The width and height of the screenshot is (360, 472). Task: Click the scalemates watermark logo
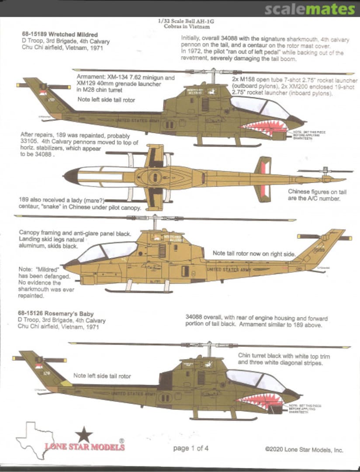[310, 9]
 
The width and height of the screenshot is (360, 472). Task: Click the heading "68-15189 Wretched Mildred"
[59, 35]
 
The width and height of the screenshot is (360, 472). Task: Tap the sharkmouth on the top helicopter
[264, 127]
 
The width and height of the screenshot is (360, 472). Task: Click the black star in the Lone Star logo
[84, 435]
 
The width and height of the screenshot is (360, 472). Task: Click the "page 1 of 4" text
[190, 448]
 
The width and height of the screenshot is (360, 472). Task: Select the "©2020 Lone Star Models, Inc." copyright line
[304, 449]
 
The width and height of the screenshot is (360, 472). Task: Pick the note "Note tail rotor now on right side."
[254, 253]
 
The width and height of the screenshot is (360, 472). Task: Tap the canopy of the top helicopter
[260, 108]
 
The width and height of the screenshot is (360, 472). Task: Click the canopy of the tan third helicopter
[107, 252]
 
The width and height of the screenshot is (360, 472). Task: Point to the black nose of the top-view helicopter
[71, 176]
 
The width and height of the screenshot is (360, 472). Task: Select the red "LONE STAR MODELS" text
[84, 447]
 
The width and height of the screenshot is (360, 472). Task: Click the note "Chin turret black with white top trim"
[284, 357]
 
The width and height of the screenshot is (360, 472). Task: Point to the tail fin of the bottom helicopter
[37, 365]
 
